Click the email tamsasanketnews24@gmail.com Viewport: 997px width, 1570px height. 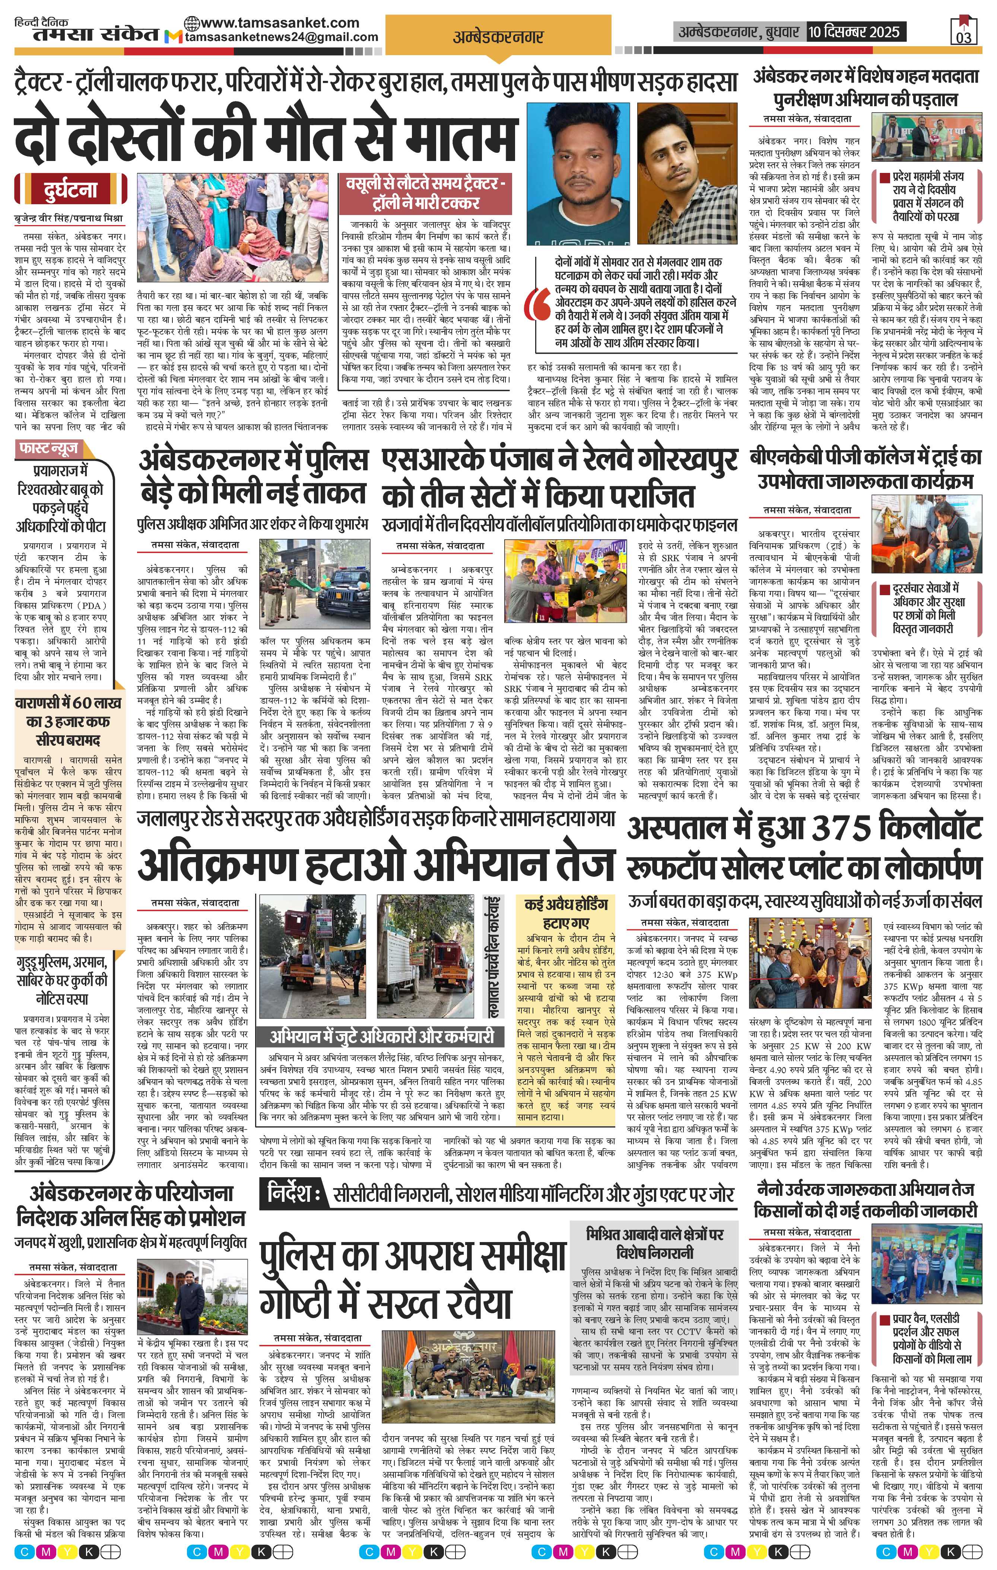[282, 37]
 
